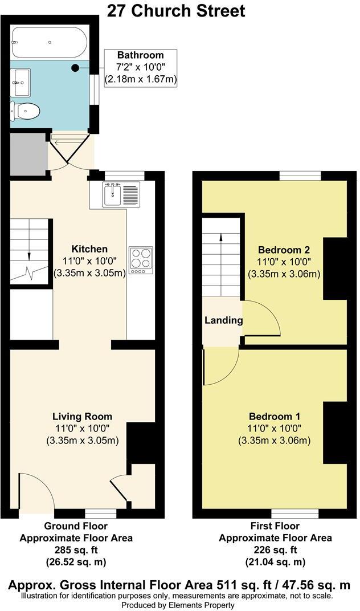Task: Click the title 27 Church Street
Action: (176, 10)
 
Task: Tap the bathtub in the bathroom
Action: (50, 42)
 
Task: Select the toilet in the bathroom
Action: (26, 110)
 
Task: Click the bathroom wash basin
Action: (22, 83)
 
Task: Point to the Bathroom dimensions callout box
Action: (140, 68)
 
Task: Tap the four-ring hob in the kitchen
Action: (141, 259)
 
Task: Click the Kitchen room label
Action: (89, 249)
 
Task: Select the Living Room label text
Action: (82, 416)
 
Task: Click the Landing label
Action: (223, 320)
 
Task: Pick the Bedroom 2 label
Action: (284, 250)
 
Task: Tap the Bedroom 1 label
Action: (273, 416)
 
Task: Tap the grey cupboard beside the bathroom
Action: (28, 154)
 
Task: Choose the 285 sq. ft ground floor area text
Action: (76, 550)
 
